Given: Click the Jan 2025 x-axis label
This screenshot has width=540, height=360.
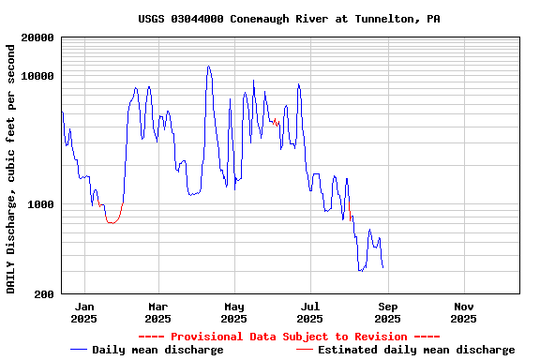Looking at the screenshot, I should click(84, 312).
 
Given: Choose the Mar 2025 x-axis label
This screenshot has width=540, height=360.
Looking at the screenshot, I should click(157, 312).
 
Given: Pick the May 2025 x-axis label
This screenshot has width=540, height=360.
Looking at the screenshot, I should click(234, 312).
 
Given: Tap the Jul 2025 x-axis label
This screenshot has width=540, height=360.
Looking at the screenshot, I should click(310, 312).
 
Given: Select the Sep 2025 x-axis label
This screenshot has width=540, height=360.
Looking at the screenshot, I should click(387, 312).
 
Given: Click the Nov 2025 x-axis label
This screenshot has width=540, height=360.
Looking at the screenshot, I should click(463, 312).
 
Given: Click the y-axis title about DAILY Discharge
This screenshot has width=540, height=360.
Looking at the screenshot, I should click(11, 166).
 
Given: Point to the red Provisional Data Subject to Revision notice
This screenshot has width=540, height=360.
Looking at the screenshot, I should click(289, 337).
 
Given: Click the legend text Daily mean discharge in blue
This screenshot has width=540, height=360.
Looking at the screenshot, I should click(157, 350).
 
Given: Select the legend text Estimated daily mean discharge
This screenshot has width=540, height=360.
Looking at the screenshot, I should click(416, 350).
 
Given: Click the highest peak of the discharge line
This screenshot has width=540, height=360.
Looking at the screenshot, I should click(208, 67).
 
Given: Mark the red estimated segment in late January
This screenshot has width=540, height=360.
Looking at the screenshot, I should click(112, 221).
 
